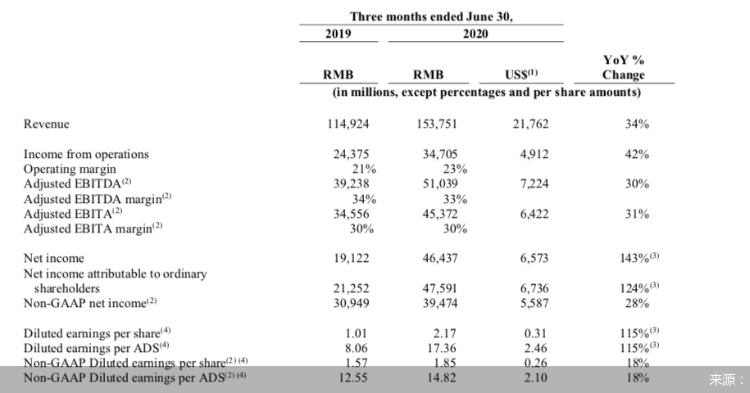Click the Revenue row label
tap(47, 124)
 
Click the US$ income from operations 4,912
tap(532, 154)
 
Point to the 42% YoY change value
tap(637, 154)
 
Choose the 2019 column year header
tap(338, 34)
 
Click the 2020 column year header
tap(474, 34)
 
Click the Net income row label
tap(54, 259)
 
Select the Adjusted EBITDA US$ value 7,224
tap(532, 184)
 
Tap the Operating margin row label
tap(70, 169)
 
